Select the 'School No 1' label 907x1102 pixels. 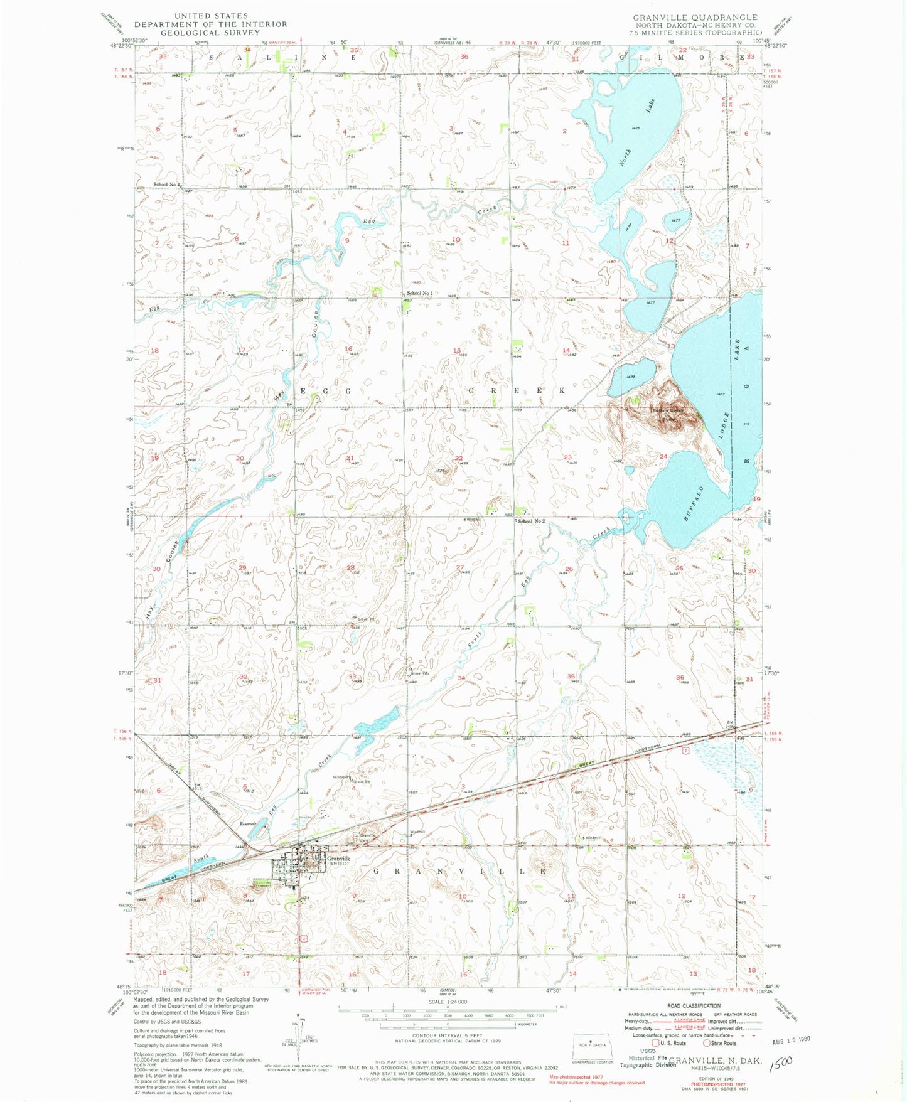point(419,294)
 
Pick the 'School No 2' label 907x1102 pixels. point(531,522)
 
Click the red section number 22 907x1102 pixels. point(459,458)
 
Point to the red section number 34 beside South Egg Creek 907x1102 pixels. point(461,678)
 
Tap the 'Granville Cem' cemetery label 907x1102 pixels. point(367,837)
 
